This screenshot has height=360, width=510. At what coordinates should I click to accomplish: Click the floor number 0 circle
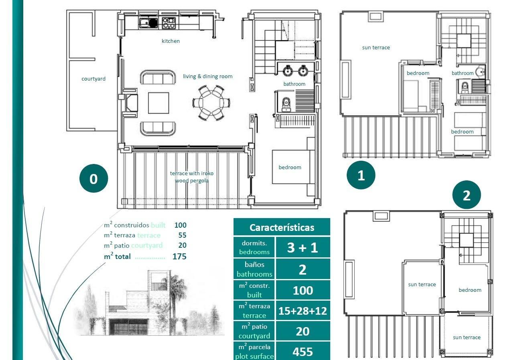pos(93,178)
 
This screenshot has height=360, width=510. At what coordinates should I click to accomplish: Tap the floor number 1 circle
pos(361,175)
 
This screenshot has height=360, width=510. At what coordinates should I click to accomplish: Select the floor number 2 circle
pos(466,195)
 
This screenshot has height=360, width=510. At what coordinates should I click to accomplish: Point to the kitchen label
pos(171,41)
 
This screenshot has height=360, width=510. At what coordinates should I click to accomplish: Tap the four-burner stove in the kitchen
pos(168,23)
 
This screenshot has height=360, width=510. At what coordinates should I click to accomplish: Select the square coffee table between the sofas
pos(158,103)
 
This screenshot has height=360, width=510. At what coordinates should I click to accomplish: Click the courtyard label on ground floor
pos(93,79)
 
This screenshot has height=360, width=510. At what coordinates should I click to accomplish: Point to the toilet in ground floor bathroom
pos(286,104)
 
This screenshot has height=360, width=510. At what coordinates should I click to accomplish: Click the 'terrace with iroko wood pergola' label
pos(192,177)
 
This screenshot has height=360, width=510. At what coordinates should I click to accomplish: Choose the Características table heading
pos(282,227)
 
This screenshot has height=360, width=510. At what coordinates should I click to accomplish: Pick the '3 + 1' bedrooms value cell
pos(303,247)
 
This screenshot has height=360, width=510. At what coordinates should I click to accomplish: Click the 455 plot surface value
pos(303,352)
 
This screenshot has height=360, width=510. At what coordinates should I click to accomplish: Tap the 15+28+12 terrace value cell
pos(303,311)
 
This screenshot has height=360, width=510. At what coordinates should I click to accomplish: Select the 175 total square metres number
pos(179,257)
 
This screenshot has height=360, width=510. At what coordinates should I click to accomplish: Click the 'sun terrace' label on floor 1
pos(376,47)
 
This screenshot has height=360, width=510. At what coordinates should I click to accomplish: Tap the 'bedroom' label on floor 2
pos(470,290)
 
